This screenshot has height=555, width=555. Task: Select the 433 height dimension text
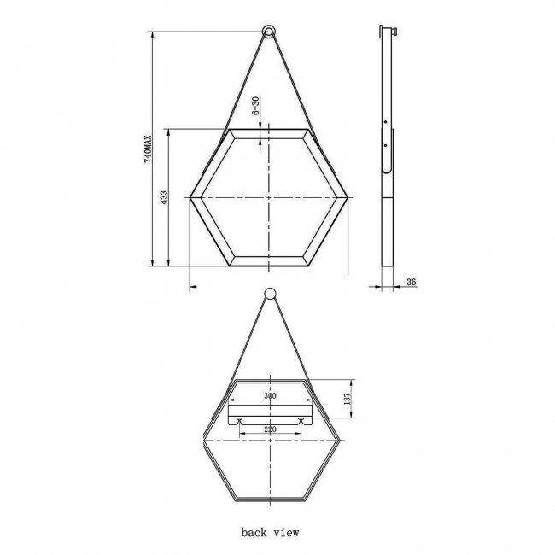[x=163, y=196]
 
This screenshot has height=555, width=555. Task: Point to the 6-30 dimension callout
[x=255, y=108]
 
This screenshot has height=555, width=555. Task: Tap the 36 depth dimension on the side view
[x=412, y=282]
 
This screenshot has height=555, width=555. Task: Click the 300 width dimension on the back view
[x=270, y=397]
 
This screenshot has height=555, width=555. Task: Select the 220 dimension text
[x=270, y=429]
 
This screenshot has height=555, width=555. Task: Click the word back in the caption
[x=254, y=532]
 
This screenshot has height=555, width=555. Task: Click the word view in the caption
[x=287, y=532]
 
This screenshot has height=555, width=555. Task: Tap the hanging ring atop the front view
[x=269, y=32]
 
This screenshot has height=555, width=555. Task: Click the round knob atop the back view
[x=269, y=295]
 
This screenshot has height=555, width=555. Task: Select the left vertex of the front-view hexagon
[x=190, y=198]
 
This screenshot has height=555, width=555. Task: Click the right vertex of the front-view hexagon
[x=348, y=198]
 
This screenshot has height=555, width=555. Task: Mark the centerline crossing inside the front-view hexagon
[x=269, y=198]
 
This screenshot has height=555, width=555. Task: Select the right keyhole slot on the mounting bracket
[x=301, y=420]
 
